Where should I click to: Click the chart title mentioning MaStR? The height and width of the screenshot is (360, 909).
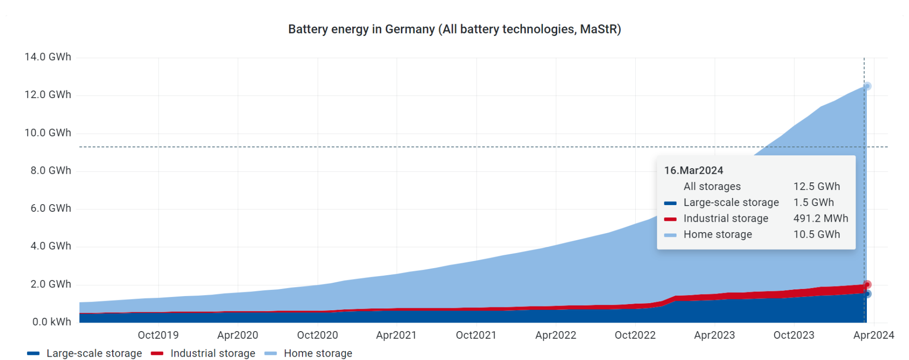coord(454,29)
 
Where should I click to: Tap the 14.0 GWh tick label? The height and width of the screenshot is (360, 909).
coord(48,57)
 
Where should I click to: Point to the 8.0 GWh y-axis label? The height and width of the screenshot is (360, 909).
coord(51,171)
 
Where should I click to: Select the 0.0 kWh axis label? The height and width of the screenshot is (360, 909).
coord(52,322)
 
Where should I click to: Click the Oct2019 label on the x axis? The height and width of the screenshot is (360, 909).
coord(158,335)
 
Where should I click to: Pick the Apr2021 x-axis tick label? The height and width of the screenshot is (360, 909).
coord(396,335)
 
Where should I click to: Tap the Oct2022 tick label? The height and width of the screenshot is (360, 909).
coord(635,335)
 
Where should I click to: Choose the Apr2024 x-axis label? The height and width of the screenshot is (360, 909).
coord(873,335)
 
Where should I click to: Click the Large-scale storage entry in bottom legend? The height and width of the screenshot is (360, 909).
coord(94,353)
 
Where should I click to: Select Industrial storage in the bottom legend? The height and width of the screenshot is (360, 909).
coord(213,353)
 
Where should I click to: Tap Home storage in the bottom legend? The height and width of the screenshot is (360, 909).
coord(318,353)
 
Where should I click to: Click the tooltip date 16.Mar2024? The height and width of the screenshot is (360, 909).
coord(694,171)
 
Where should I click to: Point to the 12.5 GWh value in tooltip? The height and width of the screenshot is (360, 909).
coord(817,187)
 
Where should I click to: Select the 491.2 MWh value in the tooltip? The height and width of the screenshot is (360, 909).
coord(820,218)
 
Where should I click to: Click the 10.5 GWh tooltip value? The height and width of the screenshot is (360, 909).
coord(817,234)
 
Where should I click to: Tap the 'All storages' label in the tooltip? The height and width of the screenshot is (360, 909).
coord(712,187)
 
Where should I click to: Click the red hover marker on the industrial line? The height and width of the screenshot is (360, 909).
coord(867,285)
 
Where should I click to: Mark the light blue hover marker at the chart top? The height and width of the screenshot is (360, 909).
coord(867,86)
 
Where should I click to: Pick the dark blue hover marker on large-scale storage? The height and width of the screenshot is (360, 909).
coord(867,294)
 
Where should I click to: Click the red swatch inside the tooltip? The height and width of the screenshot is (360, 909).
coord(670,219)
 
